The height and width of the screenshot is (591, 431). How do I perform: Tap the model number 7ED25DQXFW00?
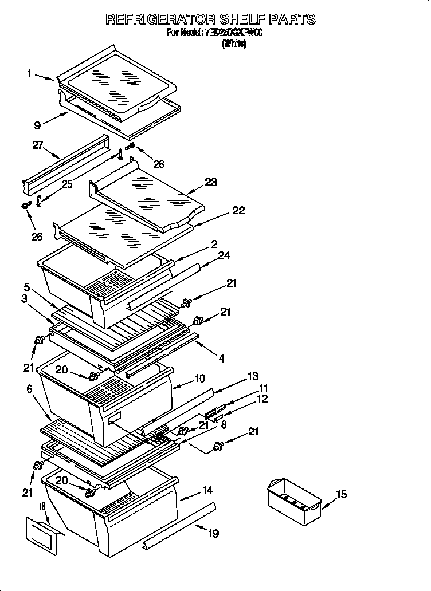click(233, 33)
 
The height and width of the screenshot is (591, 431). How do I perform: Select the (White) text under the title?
click(234, 44)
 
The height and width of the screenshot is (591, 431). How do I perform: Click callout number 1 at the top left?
click(29, 73)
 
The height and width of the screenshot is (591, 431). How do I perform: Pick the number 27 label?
click(38, 146)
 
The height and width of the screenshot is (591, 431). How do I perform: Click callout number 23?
click(211, 183)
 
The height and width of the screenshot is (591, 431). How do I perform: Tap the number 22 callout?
click(238, 211)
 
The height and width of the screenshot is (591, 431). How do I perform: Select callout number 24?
click(224, 255)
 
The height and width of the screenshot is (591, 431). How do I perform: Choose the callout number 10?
click(199, 378)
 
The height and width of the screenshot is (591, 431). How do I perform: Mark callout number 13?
click(253, 376)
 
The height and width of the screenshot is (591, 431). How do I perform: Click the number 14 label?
click(207, 490)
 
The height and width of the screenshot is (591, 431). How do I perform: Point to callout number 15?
click(341, 495)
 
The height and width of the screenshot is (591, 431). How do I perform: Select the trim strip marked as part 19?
click(180, 522)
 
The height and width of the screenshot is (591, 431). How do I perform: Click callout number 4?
click(221, 359)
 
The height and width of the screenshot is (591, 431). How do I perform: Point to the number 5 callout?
click(26, 286)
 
